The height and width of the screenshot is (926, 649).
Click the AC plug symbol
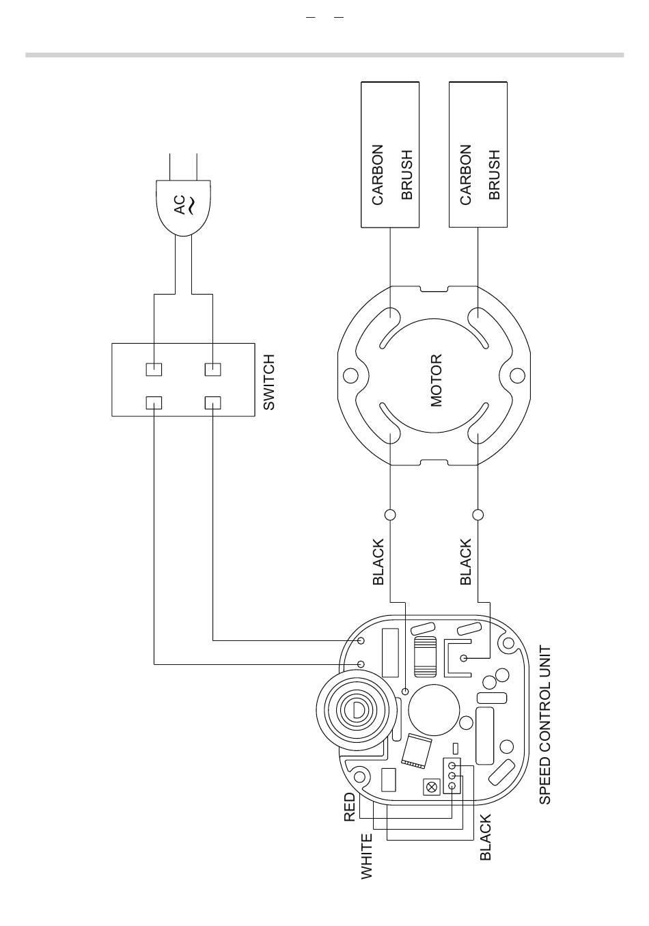click(184, 208)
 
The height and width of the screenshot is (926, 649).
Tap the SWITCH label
click(268, 382)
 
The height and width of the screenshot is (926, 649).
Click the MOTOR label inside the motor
click(436, 381)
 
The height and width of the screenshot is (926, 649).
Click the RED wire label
click(349, 806)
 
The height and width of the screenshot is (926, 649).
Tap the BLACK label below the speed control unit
click(485, 837)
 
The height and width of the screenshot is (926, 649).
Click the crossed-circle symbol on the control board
click(431, 787)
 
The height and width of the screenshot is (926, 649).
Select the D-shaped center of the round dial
click(358, 710)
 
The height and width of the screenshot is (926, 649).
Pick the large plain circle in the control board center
click(434, 709)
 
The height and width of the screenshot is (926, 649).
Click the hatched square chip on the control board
click(417, 752)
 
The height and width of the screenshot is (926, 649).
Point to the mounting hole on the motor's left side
click(350, 376)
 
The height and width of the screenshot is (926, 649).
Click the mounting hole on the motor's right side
click(517, 376)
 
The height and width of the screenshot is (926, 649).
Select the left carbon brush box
click(390, 154)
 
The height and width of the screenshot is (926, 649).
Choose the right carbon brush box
click(478, 154)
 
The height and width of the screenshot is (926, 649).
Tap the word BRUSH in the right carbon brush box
click(495, 174)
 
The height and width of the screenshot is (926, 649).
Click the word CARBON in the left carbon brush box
click(378, 174)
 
